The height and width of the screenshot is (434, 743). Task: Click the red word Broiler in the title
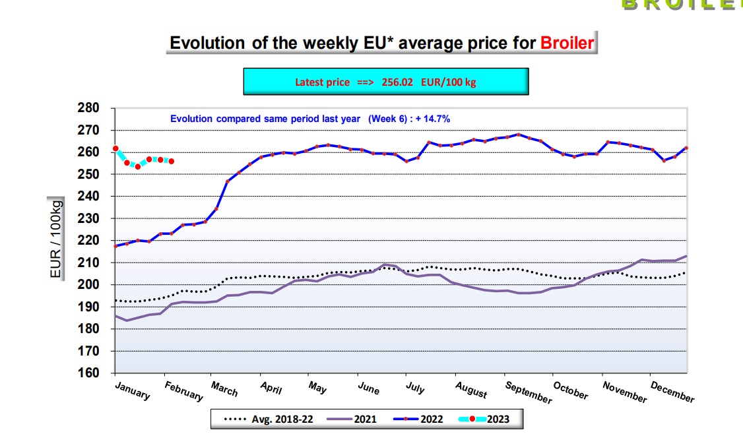click(x=567, y=43)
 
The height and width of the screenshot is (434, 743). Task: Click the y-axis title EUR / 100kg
click(x=57, y=237)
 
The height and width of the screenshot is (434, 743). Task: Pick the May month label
click(x=317, y=388)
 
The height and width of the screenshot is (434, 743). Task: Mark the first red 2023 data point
click(x=115, y=148)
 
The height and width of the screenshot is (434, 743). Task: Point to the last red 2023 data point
click(x=172, y=161)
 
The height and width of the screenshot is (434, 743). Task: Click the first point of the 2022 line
click(x=115, y=246)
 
